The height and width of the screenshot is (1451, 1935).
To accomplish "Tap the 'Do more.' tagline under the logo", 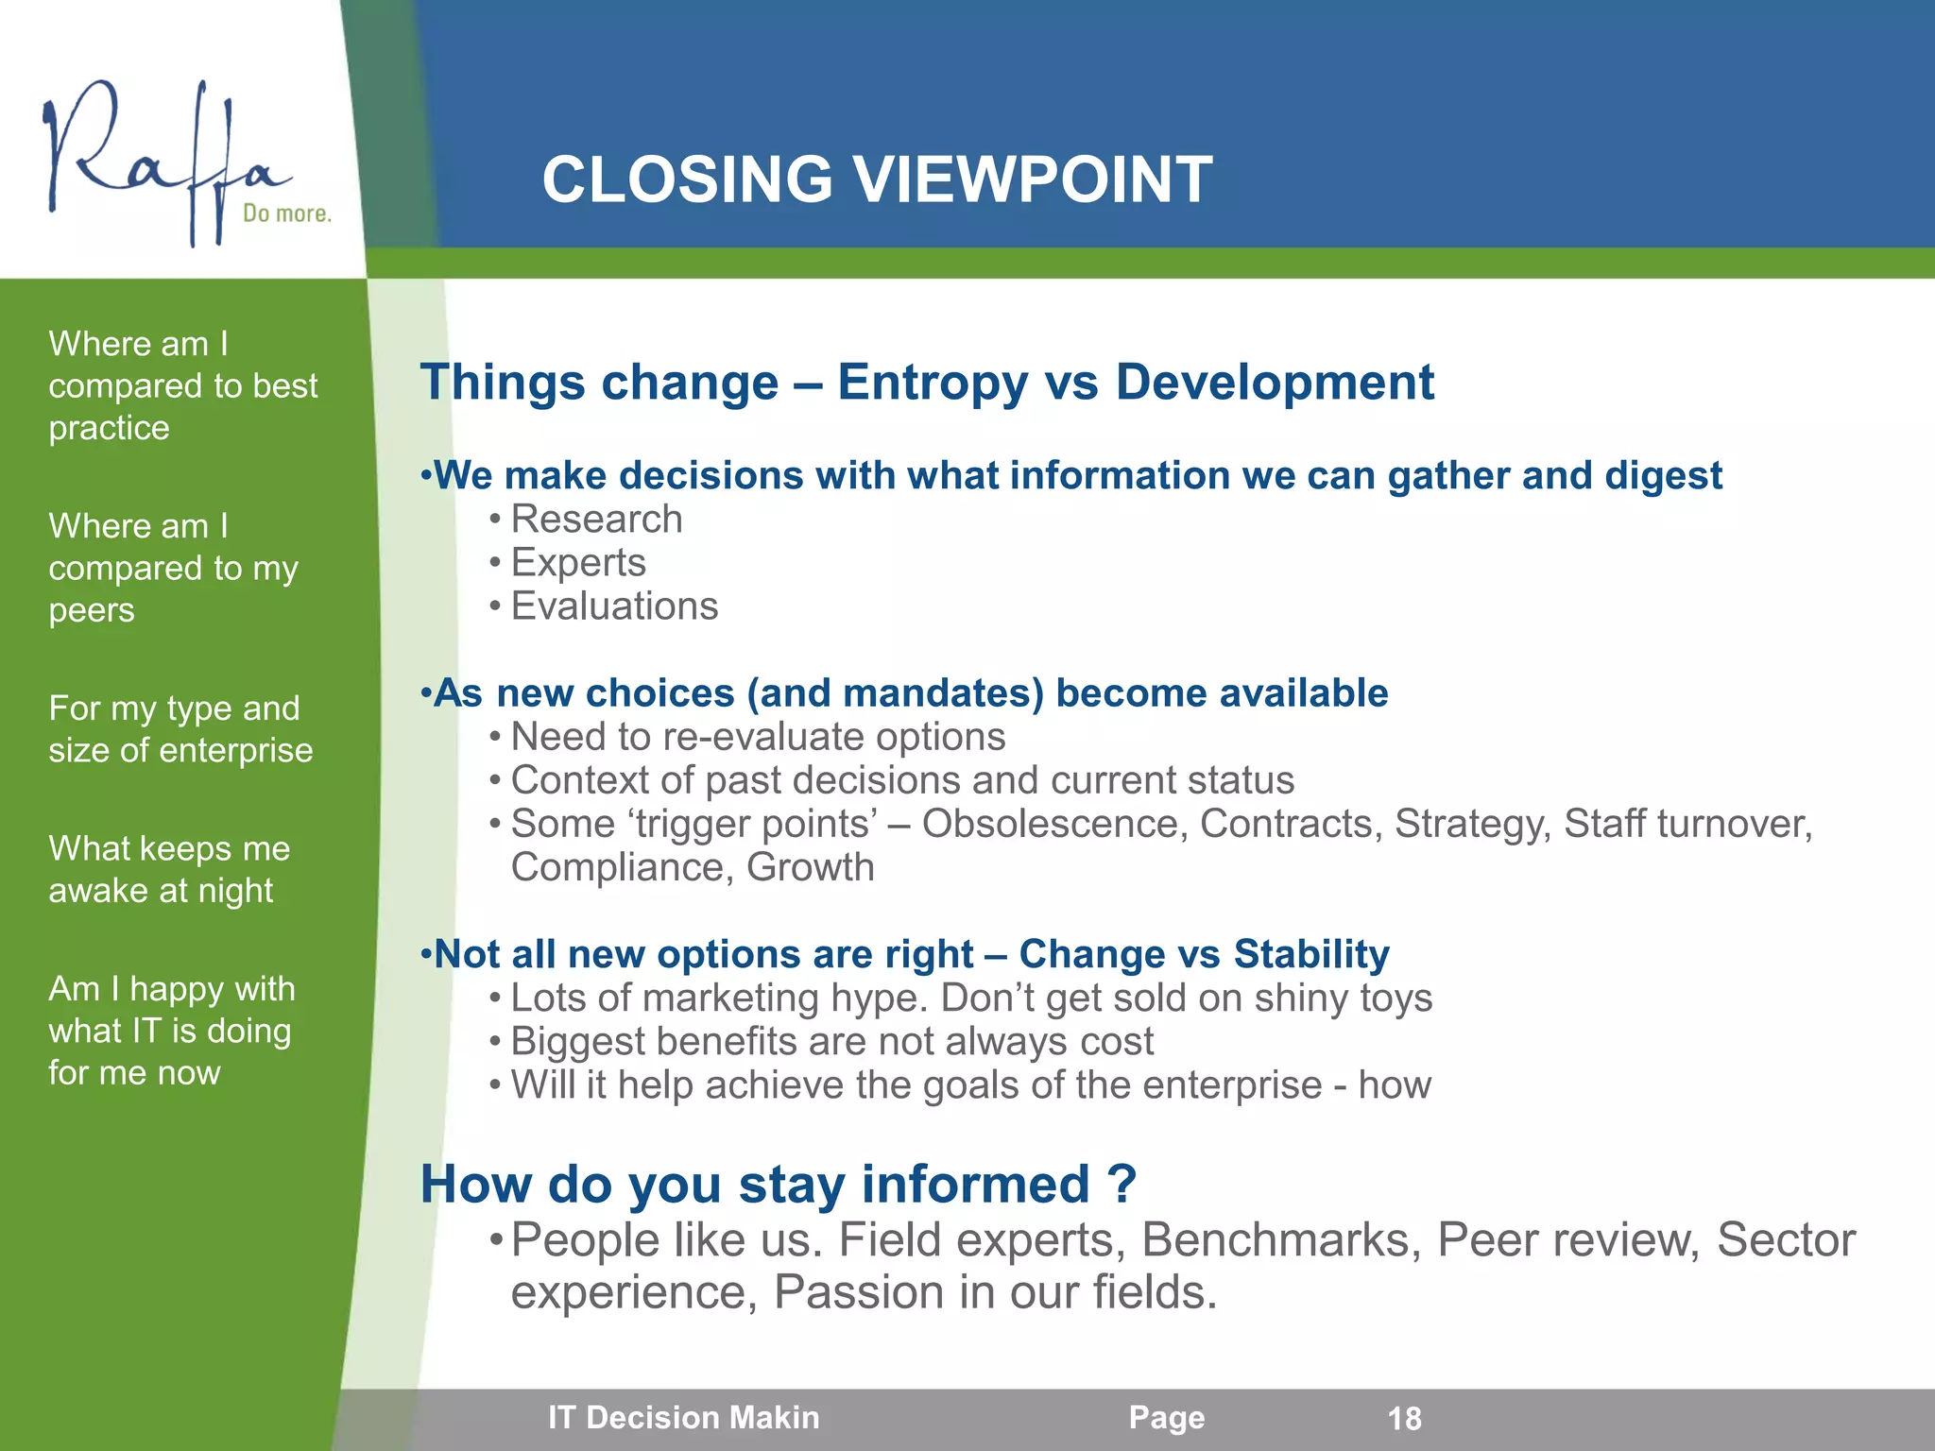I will coord(286,213).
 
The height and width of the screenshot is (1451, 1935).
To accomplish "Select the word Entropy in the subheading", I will coord(932,383).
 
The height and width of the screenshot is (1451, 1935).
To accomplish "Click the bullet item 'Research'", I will coord(596,520).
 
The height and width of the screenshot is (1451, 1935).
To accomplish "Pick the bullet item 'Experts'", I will coord(578,563).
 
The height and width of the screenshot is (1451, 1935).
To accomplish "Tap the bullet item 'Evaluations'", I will coord(614,606).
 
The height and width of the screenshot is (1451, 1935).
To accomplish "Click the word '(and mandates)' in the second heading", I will coord(895,693).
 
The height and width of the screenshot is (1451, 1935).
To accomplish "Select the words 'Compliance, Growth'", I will coord(693,867).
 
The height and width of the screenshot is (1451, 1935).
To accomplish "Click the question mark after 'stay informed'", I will coord(1122,1184).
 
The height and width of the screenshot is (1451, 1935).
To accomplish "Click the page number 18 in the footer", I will coord(1404,1418).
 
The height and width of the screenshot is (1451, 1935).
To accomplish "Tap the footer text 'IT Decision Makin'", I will coord(684,1418).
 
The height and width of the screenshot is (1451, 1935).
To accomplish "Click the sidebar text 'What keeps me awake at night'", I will coord(168,869).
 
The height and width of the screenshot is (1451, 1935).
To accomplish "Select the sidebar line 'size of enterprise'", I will coord(180,750).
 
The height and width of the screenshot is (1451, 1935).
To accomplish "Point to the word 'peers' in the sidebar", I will coord(92,610).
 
